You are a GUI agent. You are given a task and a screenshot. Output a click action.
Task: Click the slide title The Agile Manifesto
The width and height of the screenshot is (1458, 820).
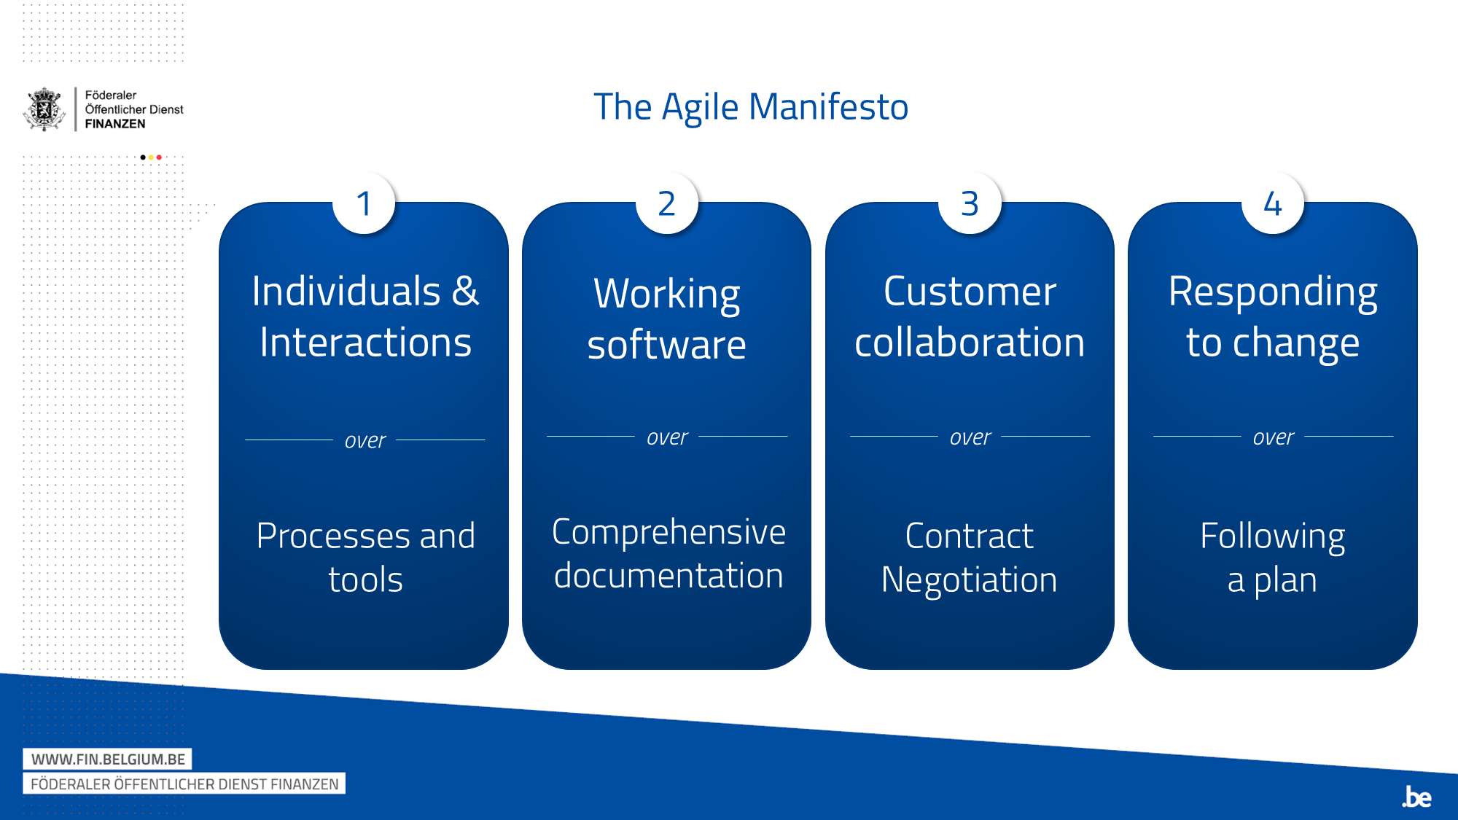pyautogui.click(x=751, y=107)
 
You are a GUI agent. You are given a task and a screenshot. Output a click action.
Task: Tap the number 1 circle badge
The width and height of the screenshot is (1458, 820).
pyautogui.click(x=364, y=203)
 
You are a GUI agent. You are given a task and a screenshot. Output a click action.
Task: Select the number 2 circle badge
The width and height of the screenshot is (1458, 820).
pyautogui.click(x=667, y=203)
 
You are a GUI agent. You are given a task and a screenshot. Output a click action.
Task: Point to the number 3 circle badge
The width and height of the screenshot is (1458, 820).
pyautogui.click(x=970, y=203)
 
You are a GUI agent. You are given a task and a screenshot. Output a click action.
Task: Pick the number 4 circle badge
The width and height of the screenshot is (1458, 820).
pyautogui.click(x=1273, y=203)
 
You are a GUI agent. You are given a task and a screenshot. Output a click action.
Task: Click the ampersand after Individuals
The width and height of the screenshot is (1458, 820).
pyautogui.click(x=465, y=291)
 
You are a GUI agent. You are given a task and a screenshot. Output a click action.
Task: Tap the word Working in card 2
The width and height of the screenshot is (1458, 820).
pyautogui.click(x=667, y=295)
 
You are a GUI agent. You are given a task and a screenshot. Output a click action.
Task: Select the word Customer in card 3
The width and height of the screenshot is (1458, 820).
pyautogui.click(x=970, y=292)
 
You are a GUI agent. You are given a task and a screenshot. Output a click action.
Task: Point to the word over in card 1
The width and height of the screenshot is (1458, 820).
pyautogui.click(x=365, y=441)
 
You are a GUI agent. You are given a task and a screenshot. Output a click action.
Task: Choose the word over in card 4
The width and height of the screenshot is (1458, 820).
pyautogui.click(x=1273, y=437)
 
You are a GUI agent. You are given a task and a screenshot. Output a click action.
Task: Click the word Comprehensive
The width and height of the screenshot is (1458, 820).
pyautogui.click(x=668, y=533)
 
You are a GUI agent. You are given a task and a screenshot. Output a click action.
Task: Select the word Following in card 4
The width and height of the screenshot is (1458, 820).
pyautogui.click(x=1273, y=537)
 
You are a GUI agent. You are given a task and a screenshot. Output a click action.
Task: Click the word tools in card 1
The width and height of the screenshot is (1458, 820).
pyautogui.click(x=365, y=580)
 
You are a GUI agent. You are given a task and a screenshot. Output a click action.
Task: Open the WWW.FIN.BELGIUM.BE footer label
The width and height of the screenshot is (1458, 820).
pyautogui.click(x=108, y=760)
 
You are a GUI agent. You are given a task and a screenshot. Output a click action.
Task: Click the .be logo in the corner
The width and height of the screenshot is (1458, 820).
pyautogui.click(x=1416, y=797)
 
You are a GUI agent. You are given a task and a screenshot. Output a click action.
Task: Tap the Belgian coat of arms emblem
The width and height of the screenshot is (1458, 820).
pyautogui.click(x=45, y=109)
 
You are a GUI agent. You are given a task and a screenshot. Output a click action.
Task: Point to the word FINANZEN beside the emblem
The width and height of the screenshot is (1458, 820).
pyautogui.click(x=115, y=124)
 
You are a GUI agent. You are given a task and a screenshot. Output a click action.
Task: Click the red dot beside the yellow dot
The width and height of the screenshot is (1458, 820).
pyautogui.click(x=159, y=157)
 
